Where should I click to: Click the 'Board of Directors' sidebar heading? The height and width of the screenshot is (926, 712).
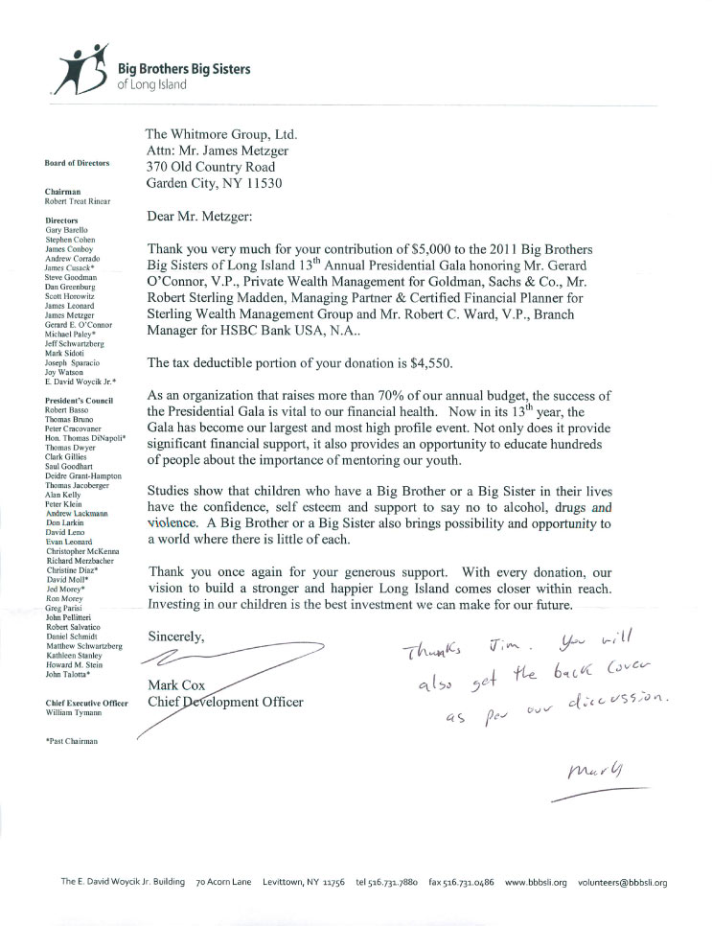tap(77, 163)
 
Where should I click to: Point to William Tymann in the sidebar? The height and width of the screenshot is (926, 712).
tap(73, 713)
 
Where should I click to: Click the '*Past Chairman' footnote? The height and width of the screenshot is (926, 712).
tap(72, 741)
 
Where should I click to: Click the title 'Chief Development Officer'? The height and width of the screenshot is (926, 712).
tap(225, 702)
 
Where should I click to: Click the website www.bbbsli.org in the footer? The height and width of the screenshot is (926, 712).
tap(536, 882)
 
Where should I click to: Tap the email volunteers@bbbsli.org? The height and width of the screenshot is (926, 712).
tap(622, 882)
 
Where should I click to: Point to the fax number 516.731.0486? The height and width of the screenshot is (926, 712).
tap(461, 882)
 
